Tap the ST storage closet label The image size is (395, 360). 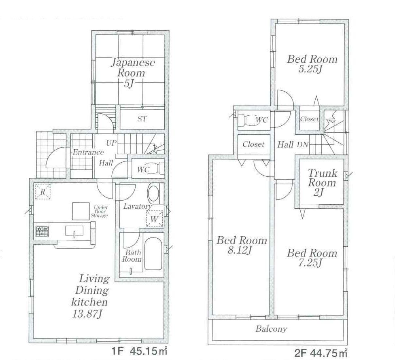142,119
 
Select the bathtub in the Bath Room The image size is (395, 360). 153,254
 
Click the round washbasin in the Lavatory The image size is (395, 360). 153,194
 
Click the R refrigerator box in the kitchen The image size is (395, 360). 42,192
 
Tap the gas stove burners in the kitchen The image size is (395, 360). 42,231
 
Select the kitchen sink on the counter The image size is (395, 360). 74,231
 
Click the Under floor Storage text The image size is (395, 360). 100,211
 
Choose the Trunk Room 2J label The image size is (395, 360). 322,183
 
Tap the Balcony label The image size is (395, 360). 271,329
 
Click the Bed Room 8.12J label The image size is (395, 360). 242,245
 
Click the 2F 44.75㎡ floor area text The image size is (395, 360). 321,352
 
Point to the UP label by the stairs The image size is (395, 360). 111,143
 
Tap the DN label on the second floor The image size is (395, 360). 302,144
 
